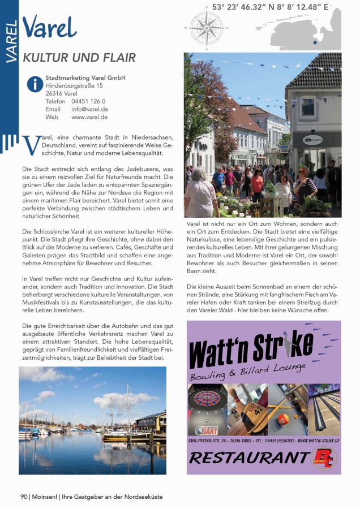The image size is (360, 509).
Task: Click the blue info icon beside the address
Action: pyautogui.click(x=35, y=84)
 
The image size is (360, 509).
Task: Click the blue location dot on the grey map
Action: pyautogui.click(x=315, y=42)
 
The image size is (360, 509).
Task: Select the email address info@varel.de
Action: pyautogui.click(x=90, y=109)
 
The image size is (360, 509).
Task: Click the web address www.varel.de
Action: pyautogui.click(x=89, y=117)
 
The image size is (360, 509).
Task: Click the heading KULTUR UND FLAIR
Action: pyautogui.click(x=79, y=58)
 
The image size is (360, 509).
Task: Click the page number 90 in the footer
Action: pyautogui.click(x=24, y=497)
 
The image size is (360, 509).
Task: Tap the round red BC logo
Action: pyautogui.click(x=324, y=457)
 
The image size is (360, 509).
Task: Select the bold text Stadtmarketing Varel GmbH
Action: pyautogui.click(x=85, y=77)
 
